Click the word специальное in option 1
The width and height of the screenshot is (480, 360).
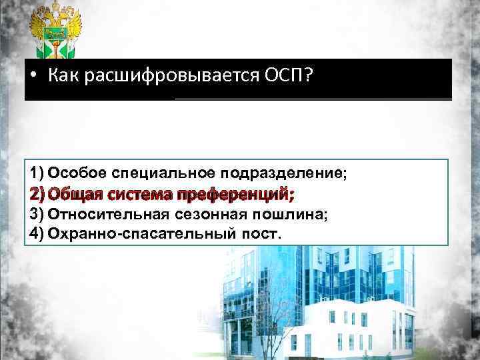point(153,174)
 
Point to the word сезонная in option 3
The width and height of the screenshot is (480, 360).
point(203,215)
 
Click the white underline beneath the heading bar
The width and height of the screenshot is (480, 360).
point(313,98)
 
